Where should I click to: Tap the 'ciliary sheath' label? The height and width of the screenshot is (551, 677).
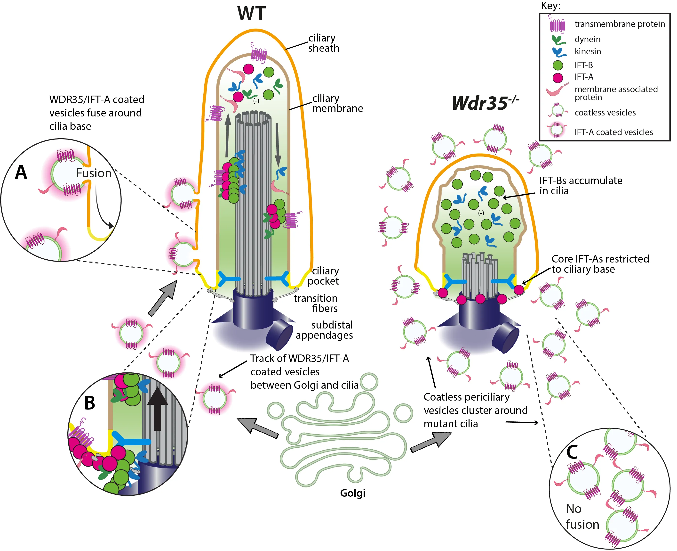323,43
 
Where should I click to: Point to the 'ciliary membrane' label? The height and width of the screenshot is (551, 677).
337,103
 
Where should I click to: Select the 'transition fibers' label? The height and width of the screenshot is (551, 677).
316,303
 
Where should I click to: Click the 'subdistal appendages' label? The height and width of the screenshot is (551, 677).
324,330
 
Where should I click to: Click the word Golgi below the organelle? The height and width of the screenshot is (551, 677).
353,493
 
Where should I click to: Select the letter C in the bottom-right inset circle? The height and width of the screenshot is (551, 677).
572,452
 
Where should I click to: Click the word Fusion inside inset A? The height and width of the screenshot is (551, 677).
94,173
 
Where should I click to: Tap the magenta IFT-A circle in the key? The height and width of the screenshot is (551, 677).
558,77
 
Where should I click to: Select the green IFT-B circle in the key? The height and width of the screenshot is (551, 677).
558,65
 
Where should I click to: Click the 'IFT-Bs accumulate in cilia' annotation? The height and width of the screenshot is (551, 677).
580,186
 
